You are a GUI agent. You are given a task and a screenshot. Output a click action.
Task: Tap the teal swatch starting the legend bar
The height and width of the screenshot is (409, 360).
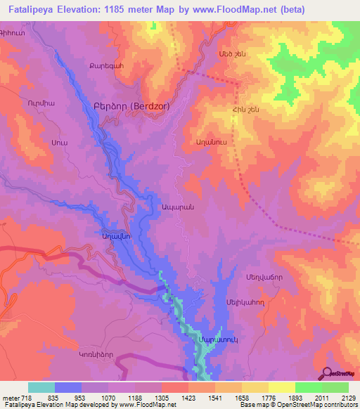41,387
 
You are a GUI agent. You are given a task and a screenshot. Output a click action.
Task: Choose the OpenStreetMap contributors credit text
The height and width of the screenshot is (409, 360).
324,405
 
